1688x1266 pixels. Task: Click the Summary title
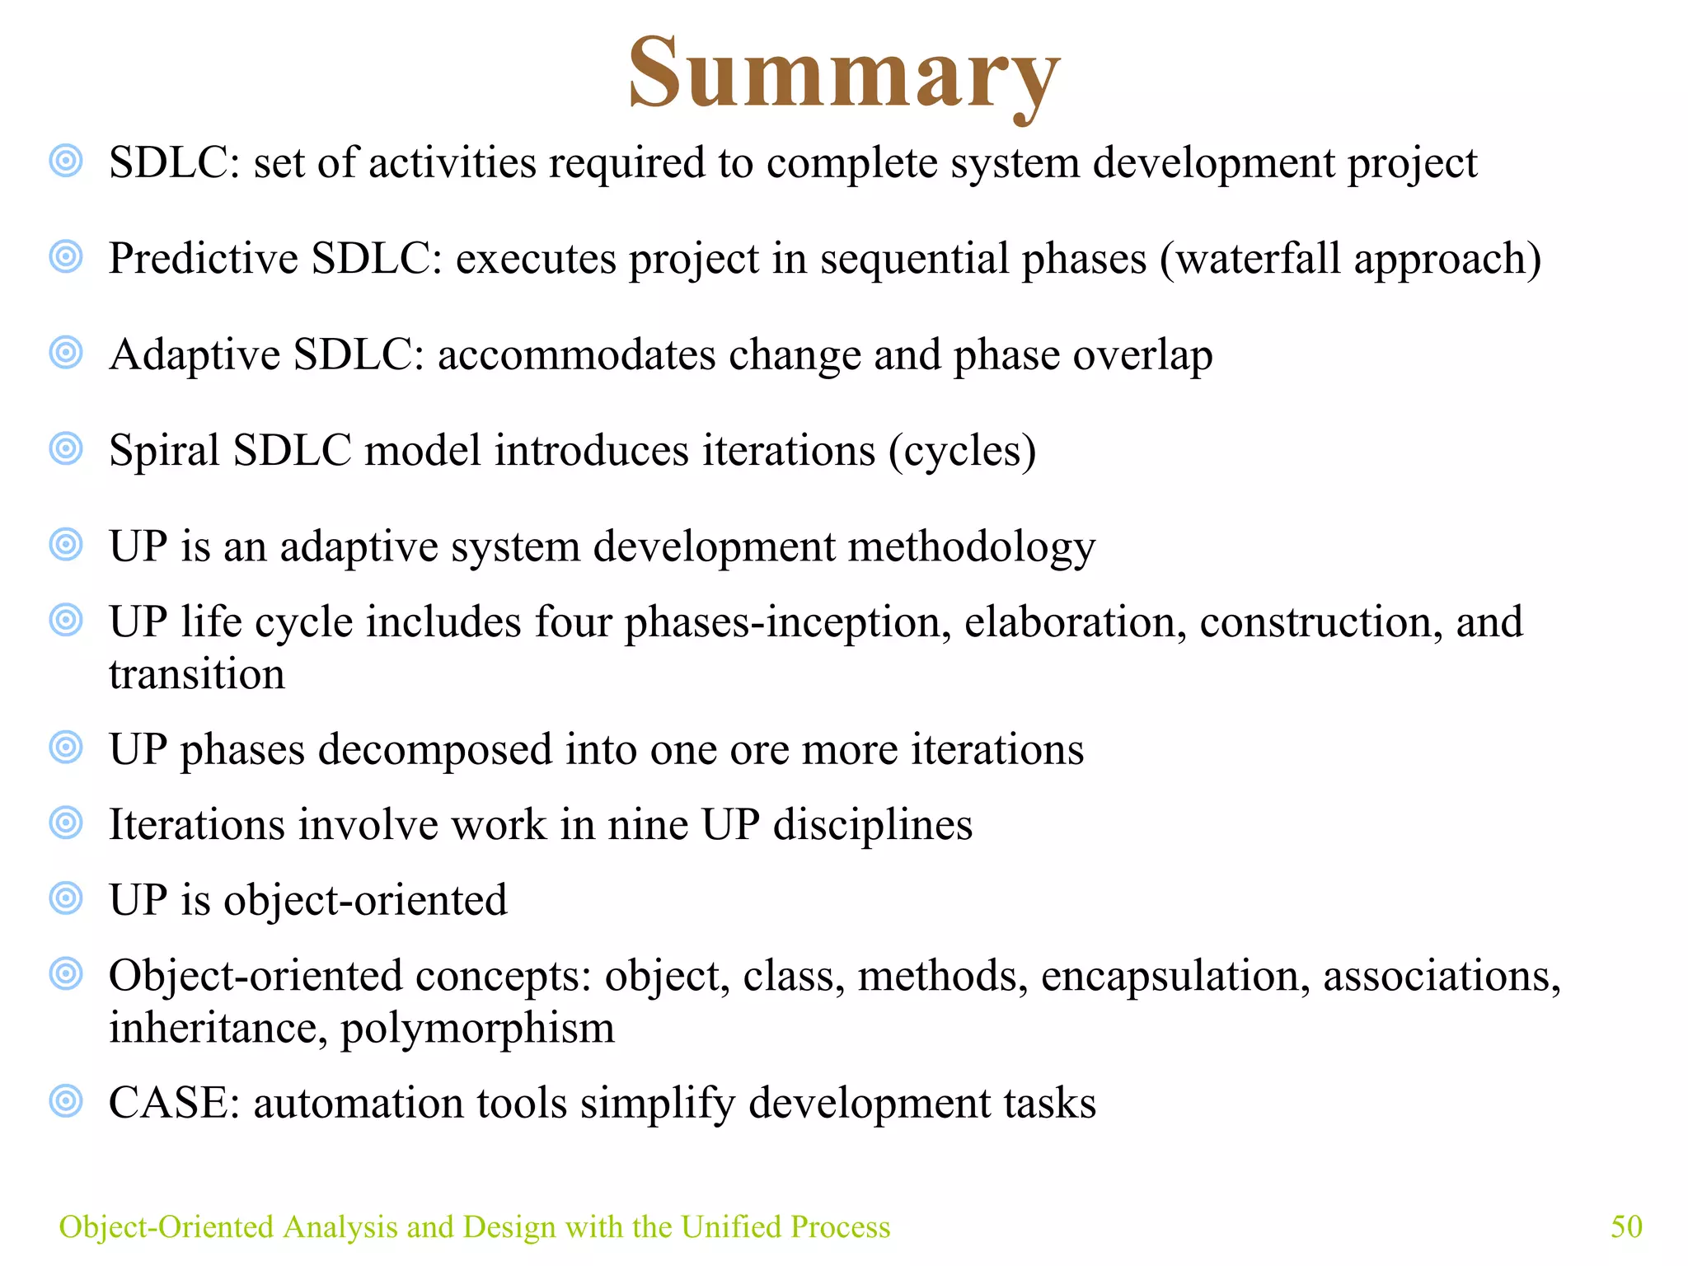point(843,74)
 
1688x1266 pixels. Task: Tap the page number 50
point(1626,1226)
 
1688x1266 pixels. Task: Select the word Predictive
point(204,259)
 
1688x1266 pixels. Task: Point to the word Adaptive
point(195,355)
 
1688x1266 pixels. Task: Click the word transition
point(197,675)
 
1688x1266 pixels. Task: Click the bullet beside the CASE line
point(66,1101)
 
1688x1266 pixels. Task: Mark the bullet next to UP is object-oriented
point(66,898)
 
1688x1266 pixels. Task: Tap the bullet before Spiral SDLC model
point(66,448)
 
